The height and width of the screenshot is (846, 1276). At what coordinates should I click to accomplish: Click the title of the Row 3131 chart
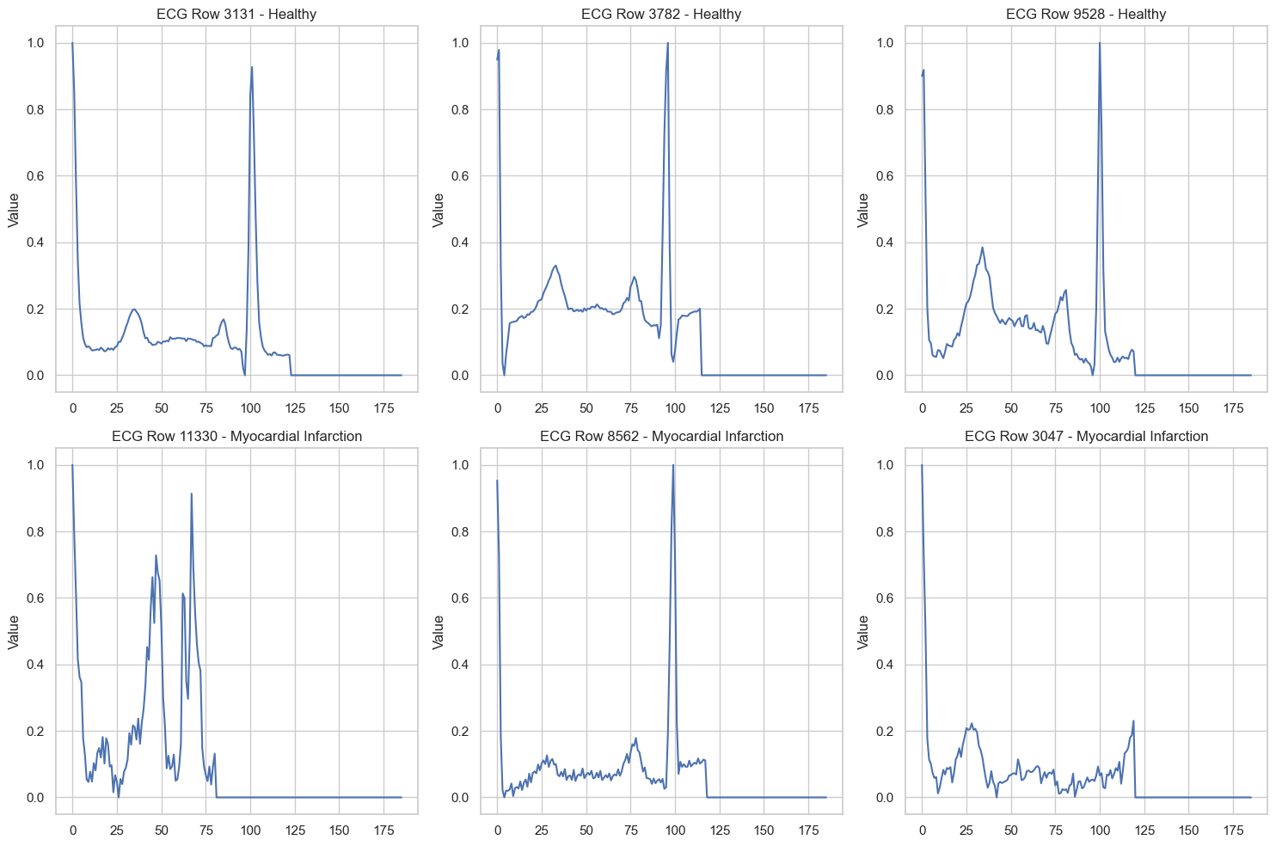point(236,14)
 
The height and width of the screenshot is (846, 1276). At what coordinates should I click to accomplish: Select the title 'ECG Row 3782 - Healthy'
point(661,14)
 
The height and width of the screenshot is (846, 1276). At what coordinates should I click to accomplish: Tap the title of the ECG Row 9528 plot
point(1086,14)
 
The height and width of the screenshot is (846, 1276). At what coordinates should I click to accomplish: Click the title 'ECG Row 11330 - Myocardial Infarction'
point(236,436)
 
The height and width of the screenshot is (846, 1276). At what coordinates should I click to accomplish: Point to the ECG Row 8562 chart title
point(661,436)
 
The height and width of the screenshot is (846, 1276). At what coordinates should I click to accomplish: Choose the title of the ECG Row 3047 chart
point(1086,436)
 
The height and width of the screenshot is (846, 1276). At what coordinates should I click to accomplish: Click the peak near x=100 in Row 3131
point(251,67)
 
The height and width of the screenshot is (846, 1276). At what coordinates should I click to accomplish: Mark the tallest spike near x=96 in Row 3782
point(668,43)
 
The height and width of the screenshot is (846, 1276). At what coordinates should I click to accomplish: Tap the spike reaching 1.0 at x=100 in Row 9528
point(1100,43)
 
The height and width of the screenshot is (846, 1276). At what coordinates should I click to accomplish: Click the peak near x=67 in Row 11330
point(191,493)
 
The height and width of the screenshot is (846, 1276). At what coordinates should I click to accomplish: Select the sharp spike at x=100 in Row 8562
point(672,465)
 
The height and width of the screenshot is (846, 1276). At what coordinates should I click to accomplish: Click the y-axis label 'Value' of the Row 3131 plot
point(14,210)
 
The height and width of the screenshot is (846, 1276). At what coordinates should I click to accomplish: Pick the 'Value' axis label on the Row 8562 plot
point(439,632)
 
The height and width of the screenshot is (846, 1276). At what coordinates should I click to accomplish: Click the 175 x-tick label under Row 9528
point(1234,408)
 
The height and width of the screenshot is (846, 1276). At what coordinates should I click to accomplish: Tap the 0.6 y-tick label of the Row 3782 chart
point(461,176)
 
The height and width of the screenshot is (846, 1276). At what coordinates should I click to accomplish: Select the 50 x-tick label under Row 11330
point(162,831)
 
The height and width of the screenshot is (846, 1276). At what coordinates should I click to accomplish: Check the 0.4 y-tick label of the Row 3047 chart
point(886,665)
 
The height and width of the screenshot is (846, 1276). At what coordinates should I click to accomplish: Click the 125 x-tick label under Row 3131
point(295,408)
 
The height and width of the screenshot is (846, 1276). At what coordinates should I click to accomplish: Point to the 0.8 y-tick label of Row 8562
point(461,532)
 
